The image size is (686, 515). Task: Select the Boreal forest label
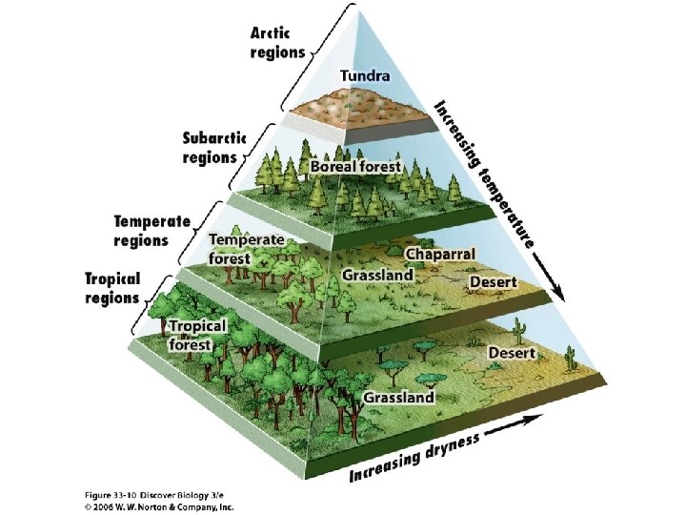click(x=355, y=166)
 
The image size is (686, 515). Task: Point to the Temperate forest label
click(x=245, y=248)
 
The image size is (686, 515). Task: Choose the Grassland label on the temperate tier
click(x=378, y=275)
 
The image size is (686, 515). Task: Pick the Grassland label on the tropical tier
click(x=397, y=397)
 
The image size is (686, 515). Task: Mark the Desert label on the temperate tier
click(x=493, y=282)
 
